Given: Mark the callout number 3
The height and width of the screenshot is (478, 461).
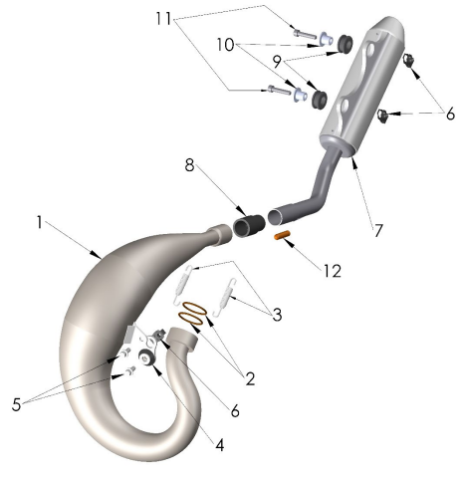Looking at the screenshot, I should tap(277, 315).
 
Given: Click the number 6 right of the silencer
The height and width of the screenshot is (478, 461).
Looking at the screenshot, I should tap(450, 115).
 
